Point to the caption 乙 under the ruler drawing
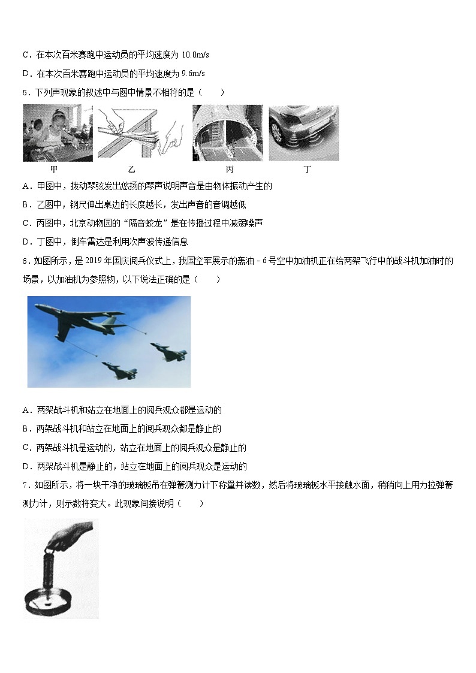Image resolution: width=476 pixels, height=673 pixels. (x=132, y=170)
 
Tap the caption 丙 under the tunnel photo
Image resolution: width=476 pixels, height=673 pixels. (x=230, y=170)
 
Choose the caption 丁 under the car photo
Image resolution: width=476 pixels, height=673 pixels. (x=307, y=170)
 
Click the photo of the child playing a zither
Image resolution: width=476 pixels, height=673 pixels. (x=58, y=133)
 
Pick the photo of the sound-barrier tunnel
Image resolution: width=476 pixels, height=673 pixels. (x=227, y=133)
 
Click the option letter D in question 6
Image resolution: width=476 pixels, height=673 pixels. (x=26, y=466)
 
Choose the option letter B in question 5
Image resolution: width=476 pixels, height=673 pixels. (x=26, y=204)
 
